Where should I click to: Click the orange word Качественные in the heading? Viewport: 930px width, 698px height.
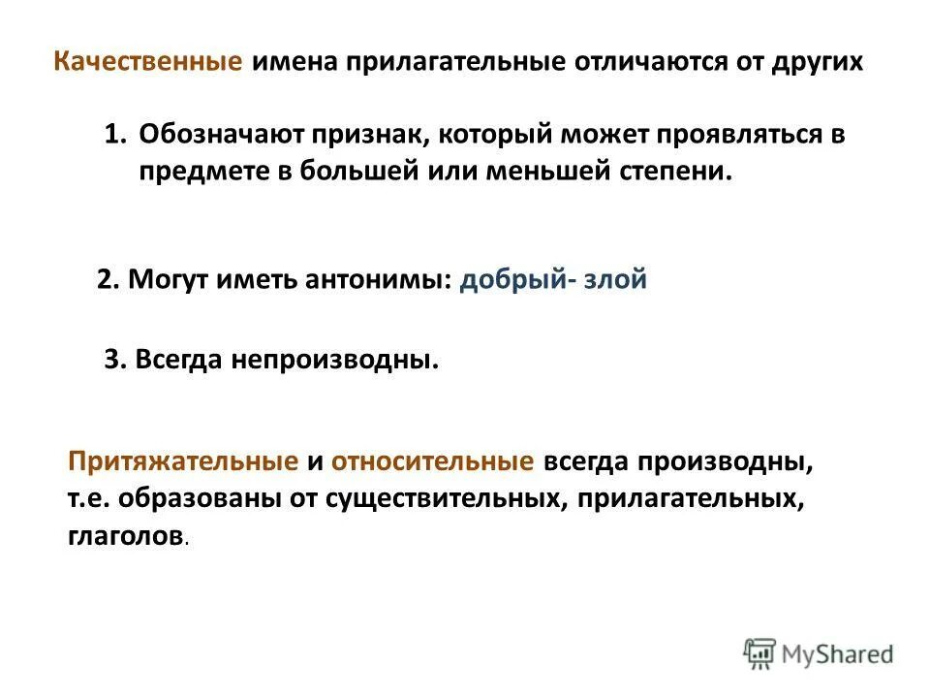(147, 63)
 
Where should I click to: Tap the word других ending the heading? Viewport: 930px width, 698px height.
(818, 63)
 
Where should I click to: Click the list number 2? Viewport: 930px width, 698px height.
(108, 280)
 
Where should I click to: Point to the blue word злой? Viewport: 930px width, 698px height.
(614, 280)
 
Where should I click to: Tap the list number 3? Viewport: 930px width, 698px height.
(114, 360)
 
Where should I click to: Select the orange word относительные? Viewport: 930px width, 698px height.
(432, 461)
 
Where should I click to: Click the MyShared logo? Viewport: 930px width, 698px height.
(819, 653)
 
